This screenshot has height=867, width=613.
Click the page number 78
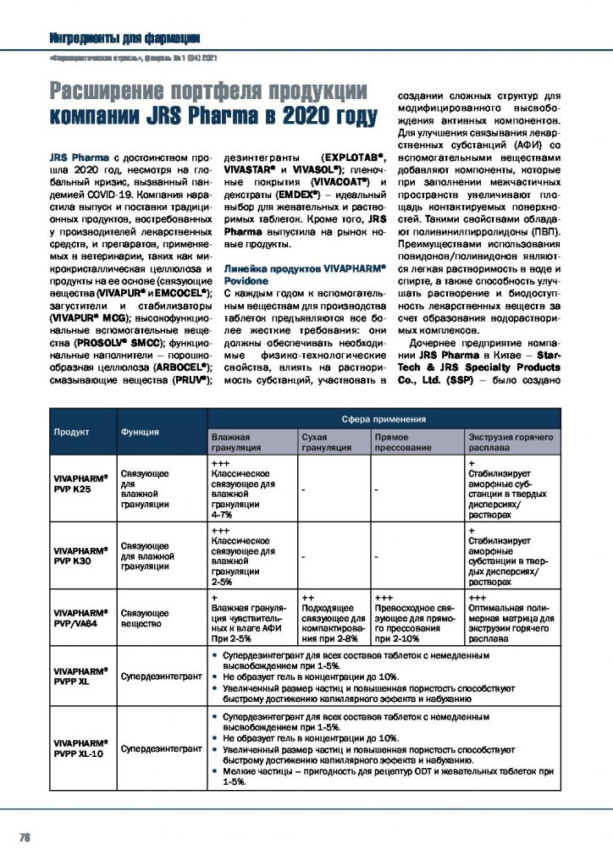pyautogui.click(x=25, y=838)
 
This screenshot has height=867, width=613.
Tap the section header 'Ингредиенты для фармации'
pyautogui.click(x=124, y=37)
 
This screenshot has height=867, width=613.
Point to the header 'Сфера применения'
pyautogui.click(x=384, y=419)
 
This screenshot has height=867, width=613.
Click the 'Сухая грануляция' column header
pyautogui.click(x=321, y=440)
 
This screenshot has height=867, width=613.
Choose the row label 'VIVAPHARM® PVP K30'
pyautogui.click(x=80, y=555)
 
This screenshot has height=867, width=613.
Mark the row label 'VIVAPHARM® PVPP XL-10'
pyautogui.click(x=80, y=748)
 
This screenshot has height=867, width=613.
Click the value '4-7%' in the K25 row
pyautogui.click(x=223, y=515)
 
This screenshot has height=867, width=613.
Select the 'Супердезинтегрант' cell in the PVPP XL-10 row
pyautogui.click(x=161, y=748)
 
